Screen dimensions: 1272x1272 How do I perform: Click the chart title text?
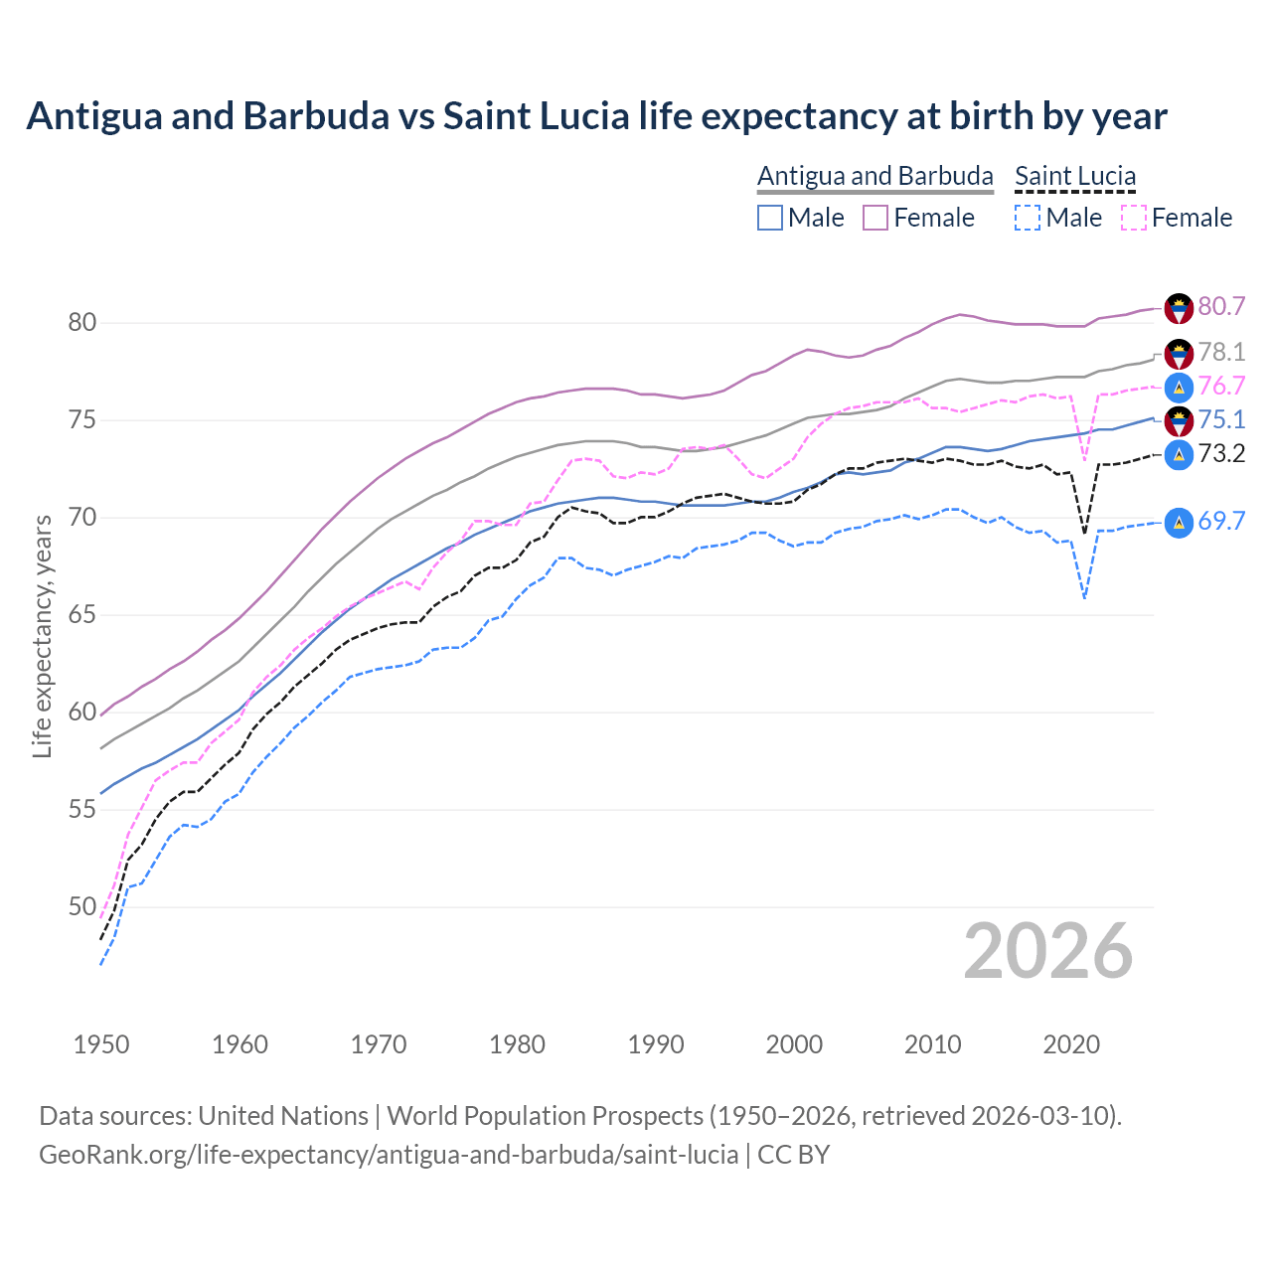click(x=596, y=116)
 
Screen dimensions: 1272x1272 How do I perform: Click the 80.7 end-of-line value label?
click(x=1221, y=306)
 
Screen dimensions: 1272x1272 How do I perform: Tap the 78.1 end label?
click(x=1221, y=352)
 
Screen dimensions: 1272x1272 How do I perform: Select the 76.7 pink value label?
click(x=1221, y=386)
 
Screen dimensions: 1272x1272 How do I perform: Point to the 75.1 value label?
click(x=1221, y=420)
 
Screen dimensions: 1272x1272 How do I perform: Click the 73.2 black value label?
click(x=1221, y=454)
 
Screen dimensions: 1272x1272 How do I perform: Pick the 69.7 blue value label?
click(x=1221, y=521)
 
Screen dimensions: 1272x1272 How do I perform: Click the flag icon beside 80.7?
click(x=1179, y=308)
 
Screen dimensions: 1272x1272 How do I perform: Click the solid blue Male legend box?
click(x=770, y=218)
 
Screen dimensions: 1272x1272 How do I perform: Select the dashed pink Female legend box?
click(x=1134, y=218)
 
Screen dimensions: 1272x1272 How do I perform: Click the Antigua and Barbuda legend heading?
click(x=874, y=176)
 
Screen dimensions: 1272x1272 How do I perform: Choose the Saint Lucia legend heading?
click(x=1075, y=176)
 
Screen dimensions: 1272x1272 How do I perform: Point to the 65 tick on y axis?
click(x=81, y=615)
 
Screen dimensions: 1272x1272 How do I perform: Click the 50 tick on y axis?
click(x=81, y=907)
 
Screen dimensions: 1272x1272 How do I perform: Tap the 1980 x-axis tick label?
click(x=517, y=1044)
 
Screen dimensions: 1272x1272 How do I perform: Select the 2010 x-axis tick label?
click(x=932, y=1044)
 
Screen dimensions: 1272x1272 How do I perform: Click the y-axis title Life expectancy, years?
click(x=42, y=636)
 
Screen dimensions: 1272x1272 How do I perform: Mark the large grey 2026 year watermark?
click(x=1048, y=951)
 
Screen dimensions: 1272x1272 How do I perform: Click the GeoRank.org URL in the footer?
click(x=389, y=1155)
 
